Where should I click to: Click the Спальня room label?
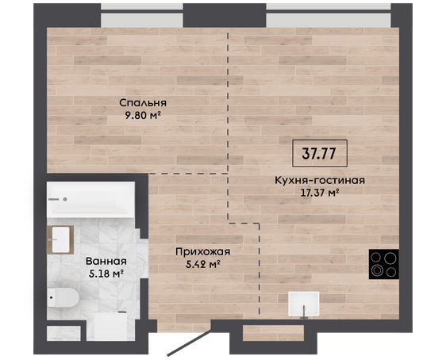click(143, 103)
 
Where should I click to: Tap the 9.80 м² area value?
click(143, 115)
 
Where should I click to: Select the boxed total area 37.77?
click(320, 153)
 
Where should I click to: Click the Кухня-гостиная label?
click(320, 181)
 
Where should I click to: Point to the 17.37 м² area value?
click(320, 193)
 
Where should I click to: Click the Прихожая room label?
click(203, 251)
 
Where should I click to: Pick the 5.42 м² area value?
click(203, 265)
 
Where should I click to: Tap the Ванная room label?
click(106, 261)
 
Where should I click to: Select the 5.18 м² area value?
click(106, 274)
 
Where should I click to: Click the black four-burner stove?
click(384, 264)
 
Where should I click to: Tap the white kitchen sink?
click(303, 304)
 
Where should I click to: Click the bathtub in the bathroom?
click(90, 200)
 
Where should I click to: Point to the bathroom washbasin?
click(60, 239)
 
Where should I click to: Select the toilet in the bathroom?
click(63, 297)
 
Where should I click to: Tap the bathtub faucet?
click(58, 200)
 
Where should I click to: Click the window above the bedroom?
click(142, 15)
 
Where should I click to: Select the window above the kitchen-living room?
click(329, 15)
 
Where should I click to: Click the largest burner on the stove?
click(390, 259)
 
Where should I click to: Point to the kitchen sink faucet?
click(304, 312)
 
